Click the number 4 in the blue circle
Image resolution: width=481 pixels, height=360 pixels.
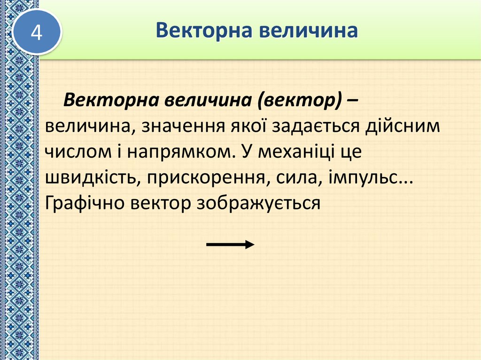[x=37, y=33]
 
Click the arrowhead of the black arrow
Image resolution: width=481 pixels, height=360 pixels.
[x=250, y=244]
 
